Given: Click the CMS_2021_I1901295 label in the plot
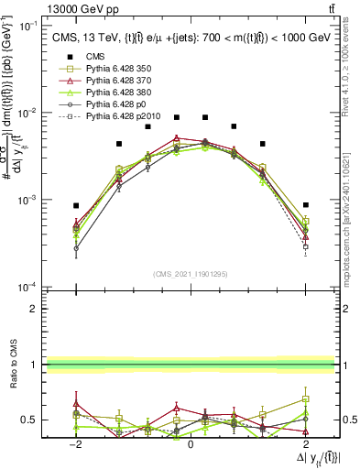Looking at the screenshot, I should click(x=190, y=274).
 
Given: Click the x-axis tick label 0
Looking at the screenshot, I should click(x=190, y=443).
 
